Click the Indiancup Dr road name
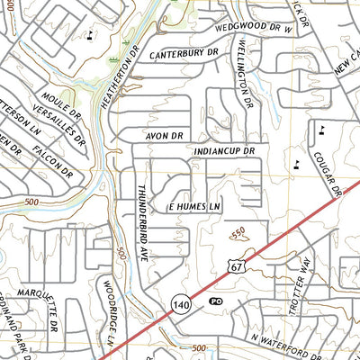point(219,150)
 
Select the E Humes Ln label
point(194,207)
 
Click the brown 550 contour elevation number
point(238,233)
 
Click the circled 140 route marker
point(180,307)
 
